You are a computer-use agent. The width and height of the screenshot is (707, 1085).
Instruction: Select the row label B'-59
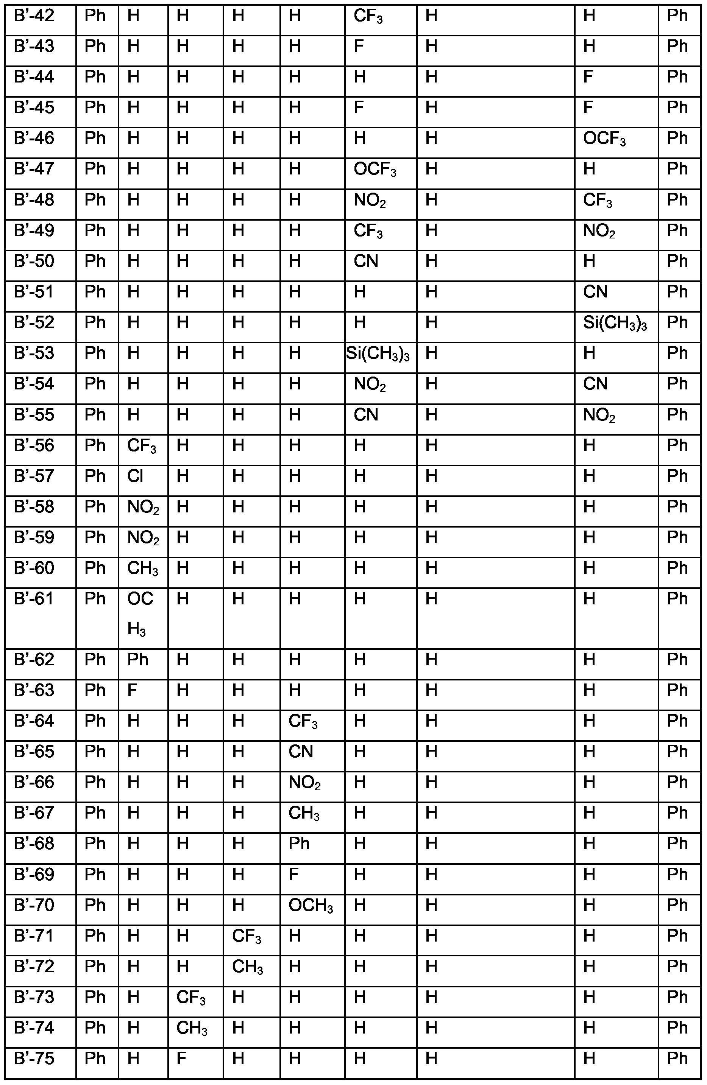click(34, 537)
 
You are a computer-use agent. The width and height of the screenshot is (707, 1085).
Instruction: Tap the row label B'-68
click(34, 844)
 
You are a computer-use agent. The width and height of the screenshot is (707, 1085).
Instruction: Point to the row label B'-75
click(34, 1059)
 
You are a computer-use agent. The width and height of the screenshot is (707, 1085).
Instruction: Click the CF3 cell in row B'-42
click(368, 16)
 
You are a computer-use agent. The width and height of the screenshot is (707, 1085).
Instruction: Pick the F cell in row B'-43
click(359, 47)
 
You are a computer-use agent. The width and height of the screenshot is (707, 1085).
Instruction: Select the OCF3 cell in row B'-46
click(604, 139)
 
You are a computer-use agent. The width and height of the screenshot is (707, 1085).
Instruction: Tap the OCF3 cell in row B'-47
click(375, 170)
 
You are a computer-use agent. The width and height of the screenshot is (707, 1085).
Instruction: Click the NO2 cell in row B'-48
click(370, 201)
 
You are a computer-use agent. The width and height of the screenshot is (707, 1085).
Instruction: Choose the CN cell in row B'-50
click(366, 261)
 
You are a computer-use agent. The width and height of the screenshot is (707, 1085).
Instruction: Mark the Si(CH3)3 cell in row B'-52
click(614, 323)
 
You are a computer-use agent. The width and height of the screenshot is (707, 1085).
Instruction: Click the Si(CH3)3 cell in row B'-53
click(378, 354)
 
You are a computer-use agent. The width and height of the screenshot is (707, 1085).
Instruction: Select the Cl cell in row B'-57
click(135, 476)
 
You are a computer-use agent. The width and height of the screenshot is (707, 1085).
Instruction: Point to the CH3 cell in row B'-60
click(142, 568)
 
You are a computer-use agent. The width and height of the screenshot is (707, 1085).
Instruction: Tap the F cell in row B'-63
click(132, 691)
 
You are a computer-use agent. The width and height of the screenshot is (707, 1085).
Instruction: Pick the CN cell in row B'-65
click(301, 752)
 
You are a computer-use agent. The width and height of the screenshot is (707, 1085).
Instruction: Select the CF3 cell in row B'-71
click(246, 936)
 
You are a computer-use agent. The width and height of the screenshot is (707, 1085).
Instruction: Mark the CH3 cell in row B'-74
click(192, 1029)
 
